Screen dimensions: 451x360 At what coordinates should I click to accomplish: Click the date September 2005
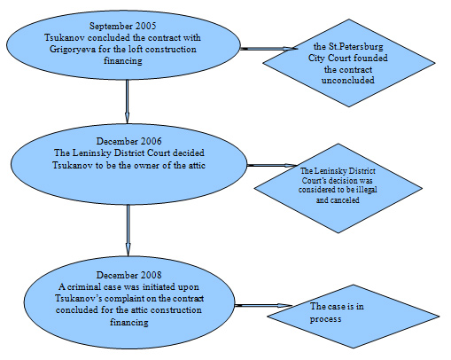pyautogui.click(x=123, y=26)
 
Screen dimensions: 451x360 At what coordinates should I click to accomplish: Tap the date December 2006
pyautogui.click(x=129, y=141)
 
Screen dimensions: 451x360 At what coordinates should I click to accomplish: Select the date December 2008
pyautogui.click(x=129, y=275)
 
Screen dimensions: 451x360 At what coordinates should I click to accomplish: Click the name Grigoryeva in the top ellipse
pyautogui.click(x=73, y=50)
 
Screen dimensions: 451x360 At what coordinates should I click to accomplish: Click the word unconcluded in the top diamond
pyautogui.click(x=348, y=81)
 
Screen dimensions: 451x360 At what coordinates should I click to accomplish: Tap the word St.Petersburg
pyautogui.click(x=356, y=47)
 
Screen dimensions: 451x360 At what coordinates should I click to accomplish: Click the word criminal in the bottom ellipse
pyautogui.click(x=83, y=286)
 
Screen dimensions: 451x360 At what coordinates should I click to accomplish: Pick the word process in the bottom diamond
pyautogui.click(x=325, y=319)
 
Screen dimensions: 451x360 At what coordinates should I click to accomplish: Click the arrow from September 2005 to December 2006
pyautogui.click(x=127, y=101)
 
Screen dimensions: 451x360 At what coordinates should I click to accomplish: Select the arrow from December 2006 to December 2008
pyautogui.click(x=128, y=231)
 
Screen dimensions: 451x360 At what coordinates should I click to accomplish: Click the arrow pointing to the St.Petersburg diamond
pyautogui.click(x=268, y=49)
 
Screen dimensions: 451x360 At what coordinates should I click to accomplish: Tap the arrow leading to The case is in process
pyautogui.click(x=263, y=305)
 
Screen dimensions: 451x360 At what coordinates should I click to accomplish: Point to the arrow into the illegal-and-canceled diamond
pyautogui.click(x=272, y=166)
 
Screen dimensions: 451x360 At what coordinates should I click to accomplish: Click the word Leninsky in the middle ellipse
pyautogui.click(x=90, y=153)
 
